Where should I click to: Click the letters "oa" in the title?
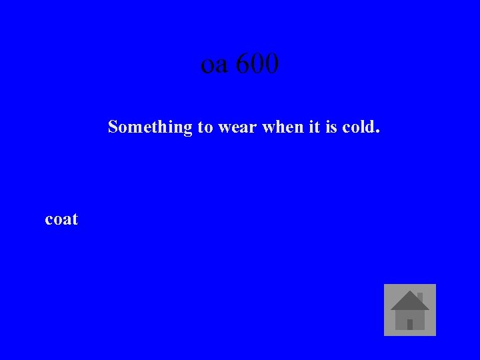pyautogui.click(x=215, y=65)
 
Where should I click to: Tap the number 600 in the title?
pyautogui.click(x=257, y=64)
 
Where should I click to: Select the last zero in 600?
pyautogui.click(x=271, y=64)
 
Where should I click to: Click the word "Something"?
pyautogui.click(x=150, y=127)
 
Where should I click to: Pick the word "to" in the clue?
pyautogui.click(x=204, y=127)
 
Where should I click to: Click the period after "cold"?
pyautogui.click(x=378, y=131)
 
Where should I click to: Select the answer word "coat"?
pyautogui.click(x=61, y=219)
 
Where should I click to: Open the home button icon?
pyautogui.click(x=410, y=310)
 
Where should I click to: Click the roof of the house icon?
pyautogui.click(x=409, y=301)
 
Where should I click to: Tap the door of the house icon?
pyautogui.click(x=410, y=325)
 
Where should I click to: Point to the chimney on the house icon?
pyautogui.click(x=419, y=296)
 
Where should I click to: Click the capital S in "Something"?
pyautogui.click(x=113, y=127)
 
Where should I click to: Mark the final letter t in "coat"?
pyautogui.click(x=75, y=219)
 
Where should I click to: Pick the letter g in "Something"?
pyautogui.click(x=187, y=128)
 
